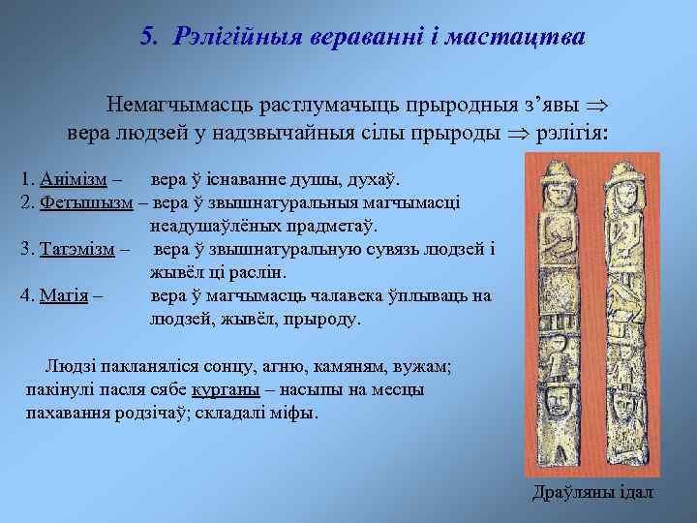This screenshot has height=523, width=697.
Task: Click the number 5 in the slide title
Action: [x=148, y=37]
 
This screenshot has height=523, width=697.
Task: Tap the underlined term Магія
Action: [x=67, y=295]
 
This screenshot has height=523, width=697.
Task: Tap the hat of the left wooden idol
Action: [x=559, y=173]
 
